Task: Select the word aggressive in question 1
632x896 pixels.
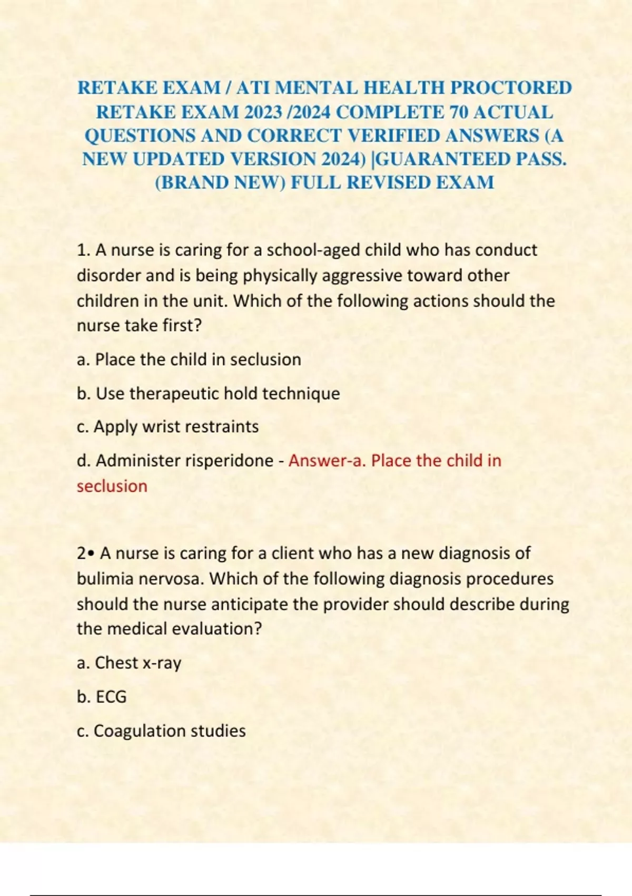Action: click(x=363, y=275)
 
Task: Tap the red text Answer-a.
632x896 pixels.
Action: click(x=327, y=461)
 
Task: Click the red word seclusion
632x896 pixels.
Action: click(x=112, y=486)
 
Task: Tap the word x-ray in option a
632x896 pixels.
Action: click(x=162, y=663)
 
